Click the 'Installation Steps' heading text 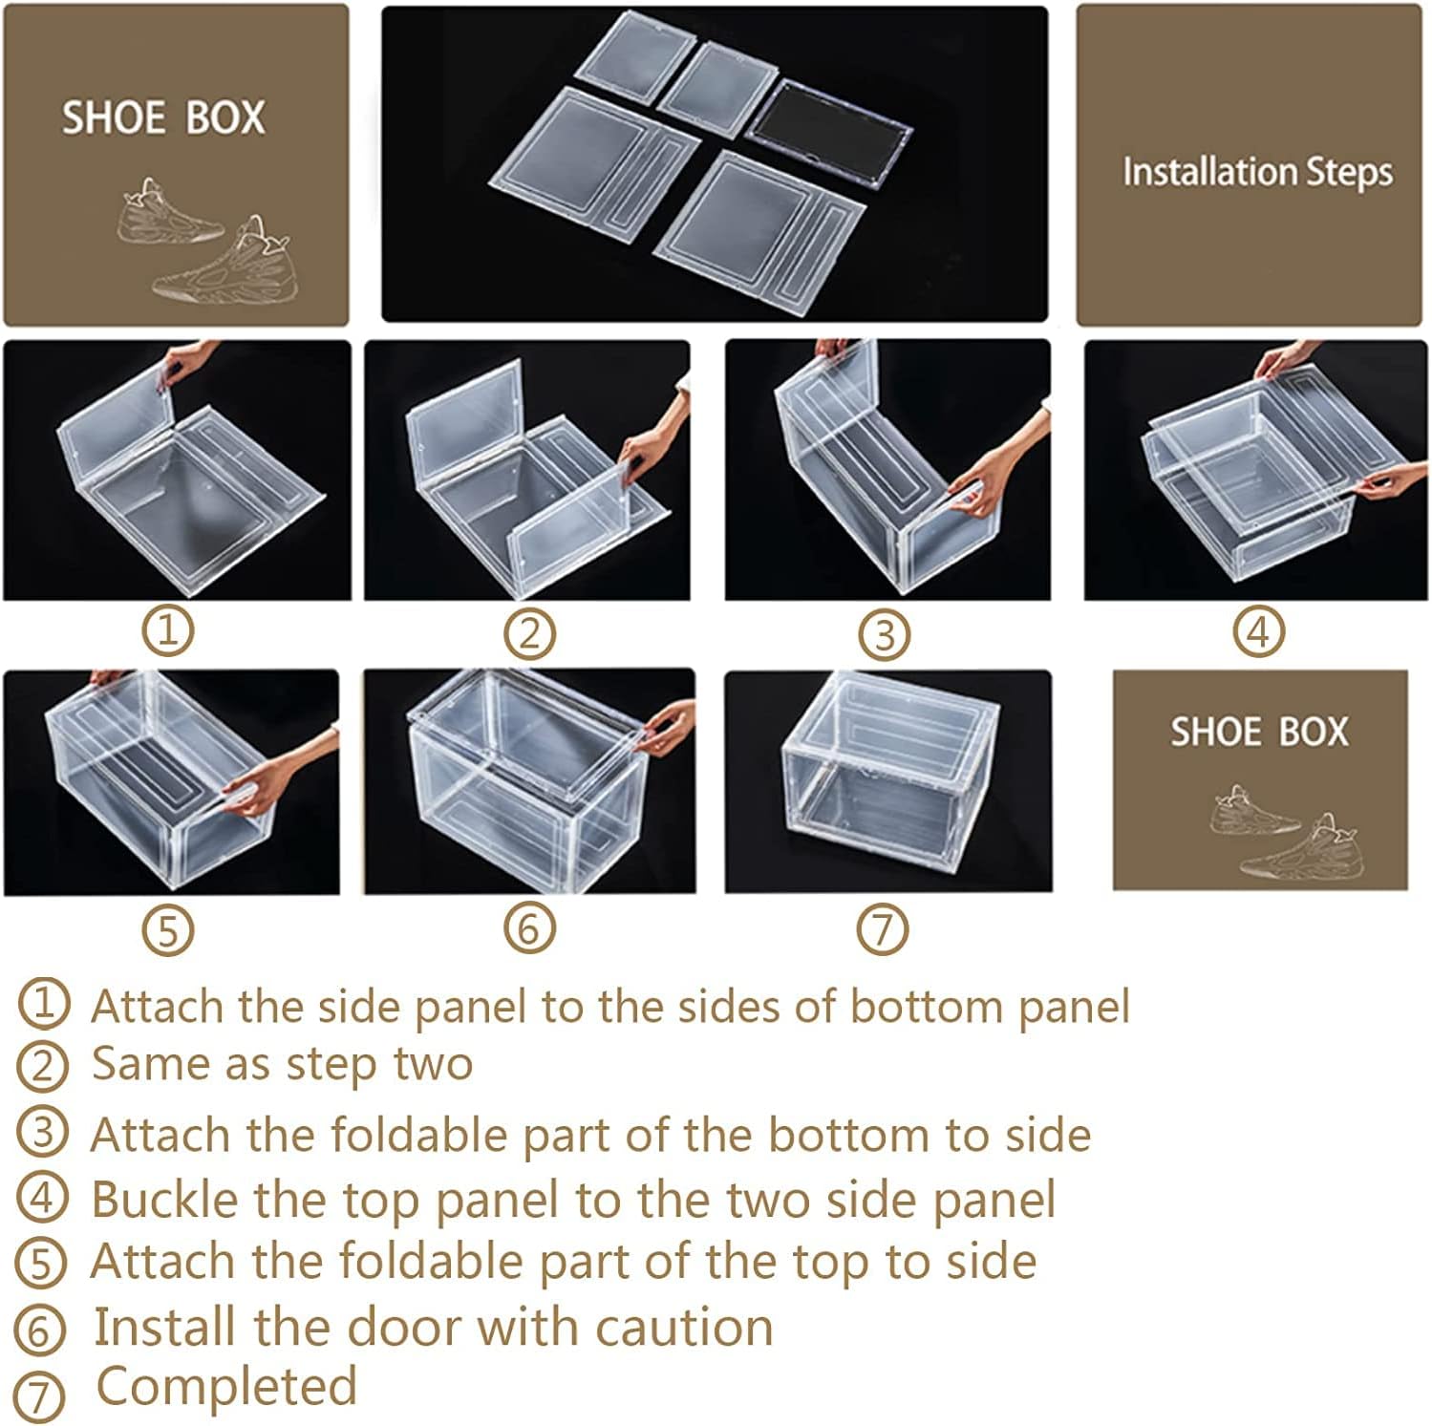(x=1257, y=173)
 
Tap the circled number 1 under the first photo (x=168, y=630)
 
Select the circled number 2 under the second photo (x=529, y=632)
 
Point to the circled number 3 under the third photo (x=885, y=634)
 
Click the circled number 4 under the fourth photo (x=1258, y=631)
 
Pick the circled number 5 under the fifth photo (x=168, y=929)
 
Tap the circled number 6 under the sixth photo (x=529, y=927)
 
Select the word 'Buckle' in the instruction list (x=161, y=1200)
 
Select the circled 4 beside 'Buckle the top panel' (x=42, y=1198)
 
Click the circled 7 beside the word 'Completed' (x=40, y=1395)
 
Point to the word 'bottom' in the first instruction (x=926, y=1007)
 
